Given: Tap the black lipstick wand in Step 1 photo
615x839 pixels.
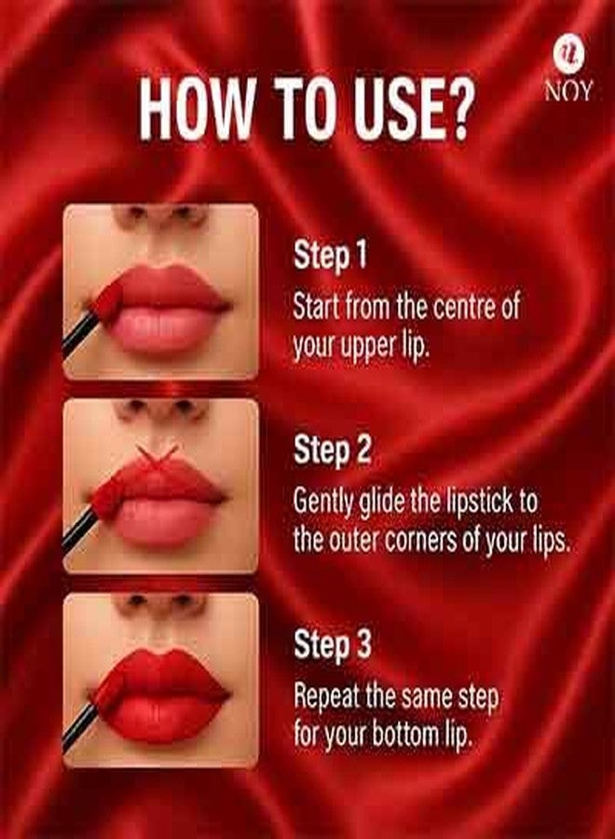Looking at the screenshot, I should point(82,334).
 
